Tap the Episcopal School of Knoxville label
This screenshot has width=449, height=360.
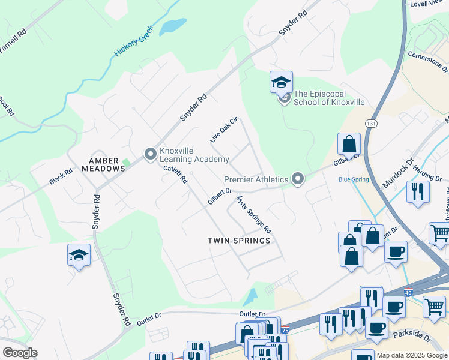tap(328, 98)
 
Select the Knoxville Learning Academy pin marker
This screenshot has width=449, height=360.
tap(150, 155)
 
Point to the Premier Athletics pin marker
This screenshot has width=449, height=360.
tap(297, 179)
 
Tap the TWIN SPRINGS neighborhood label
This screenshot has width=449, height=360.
tap(238, 240)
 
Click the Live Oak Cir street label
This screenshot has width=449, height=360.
tap(224, 130)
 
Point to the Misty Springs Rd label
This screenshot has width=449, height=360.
tap(253, 214)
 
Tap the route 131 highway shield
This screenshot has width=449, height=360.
tap(372, 123)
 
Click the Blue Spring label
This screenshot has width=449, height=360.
tap(353, 179)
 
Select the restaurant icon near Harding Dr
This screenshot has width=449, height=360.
tap(418, 192)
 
